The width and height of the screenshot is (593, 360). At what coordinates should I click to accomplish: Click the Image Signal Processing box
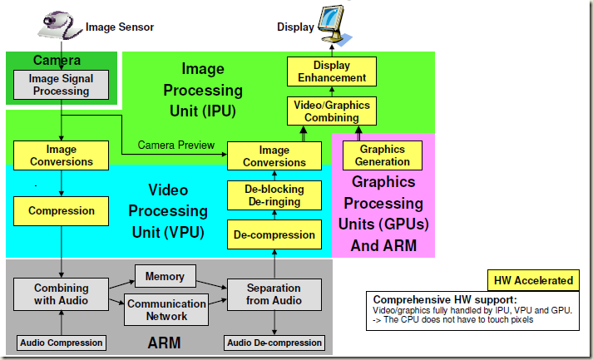(61, 85)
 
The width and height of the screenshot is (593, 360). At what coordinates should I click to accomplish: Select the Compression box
(61, 211)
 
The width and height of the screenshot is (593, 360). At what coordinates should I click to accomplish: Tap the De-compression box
(274, 234)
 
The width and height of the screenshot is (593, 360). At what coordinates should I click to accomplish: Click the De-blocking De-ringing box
(274, 195)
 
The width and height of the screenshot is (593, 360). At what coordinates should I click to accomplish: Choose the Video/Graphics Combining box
(332, 111)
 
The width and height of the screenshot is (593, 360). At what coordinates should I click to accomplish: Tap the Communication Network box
(166, 310)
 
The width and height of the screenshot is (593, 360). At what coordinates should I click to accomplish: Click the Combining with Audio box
(62, 294)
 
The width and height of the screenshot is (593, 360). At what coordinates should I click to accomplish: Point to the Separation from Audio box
(274, 294)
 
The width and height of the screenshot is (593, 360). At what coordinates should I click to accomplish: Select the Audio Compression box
(62, 343)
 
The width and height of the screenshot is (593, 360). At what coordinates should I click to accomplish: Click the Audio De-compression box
(274, 343)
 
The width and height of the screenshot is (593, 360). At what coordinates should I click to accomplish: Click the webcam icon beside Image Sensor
(59, 25)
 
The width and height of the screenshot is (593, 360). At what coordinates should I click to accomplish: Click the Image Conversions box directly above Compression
(61, 155)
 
